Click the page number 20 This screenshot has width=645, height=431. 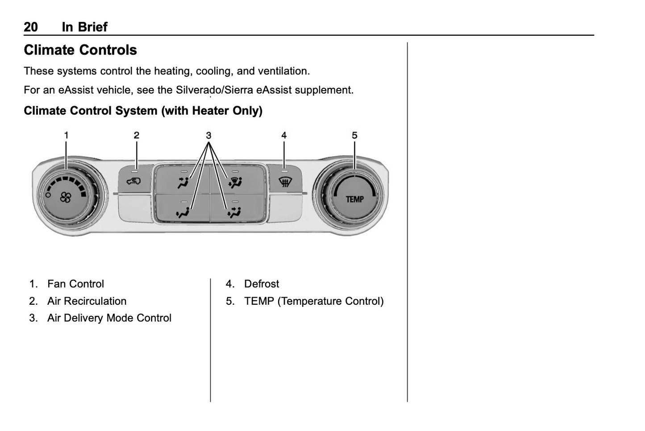tap(31, 27)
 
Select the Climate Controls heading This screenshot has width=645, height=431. tap(80, 50)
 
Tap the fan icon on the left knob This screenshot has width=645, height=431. tap(66, 197)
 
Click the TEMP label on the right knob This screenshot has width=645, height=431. tap(355, 199)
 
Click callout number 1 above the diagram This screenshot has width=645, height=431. tap(66, 135)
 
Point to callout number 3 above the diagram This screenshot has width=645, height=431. tap(208, 136)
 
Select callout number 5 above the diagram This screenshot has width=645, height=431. tap(354, 135)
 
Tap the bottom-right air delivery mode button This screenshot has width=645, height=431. tap(235, 211)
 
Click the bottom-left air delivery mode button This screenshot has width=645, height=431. tap(183, 211)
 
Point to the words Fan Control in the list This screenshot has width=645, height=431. tap(75, 284)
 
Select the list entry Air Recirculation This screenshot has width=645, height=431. tap(87, 301)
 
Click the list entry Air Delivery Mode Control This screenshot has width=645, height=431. tap(109, 318)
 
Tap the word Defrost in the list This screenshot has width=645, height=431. tap(262, 284)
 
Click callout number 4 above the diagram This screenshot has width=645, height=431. tap(284, 135)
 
